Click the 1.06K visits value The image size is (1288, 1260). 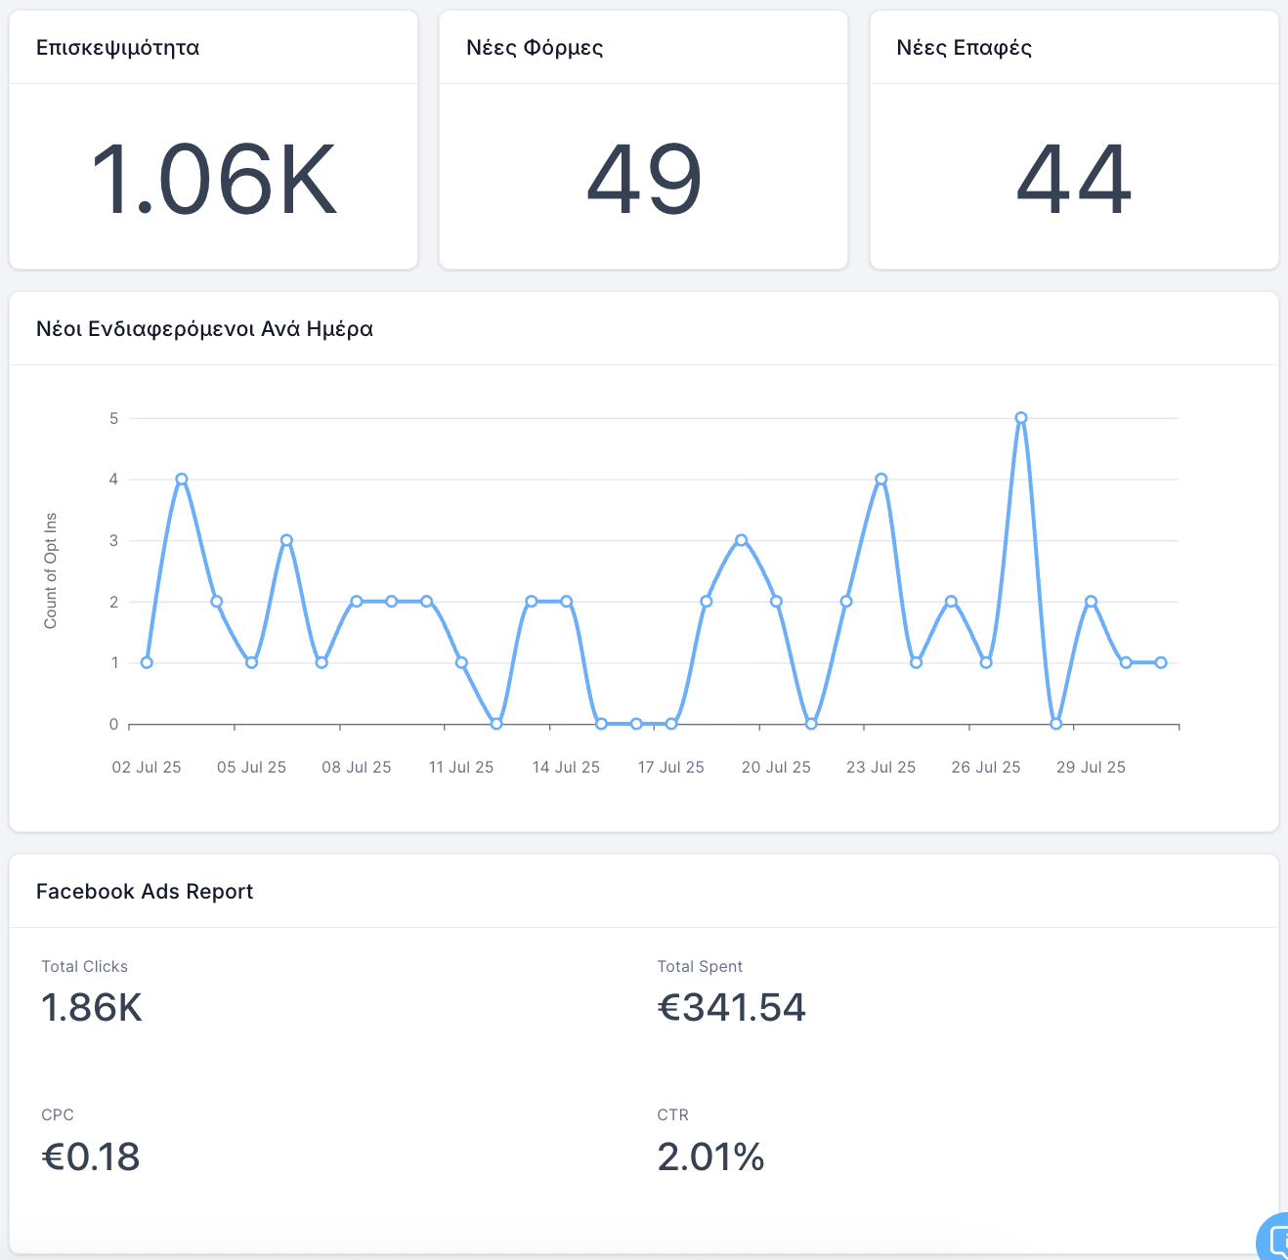tap(213, 180)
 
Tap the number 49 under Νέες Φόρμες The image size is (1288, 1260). tap(644, 180)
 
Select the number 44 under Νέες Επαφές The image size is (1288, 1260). tap(1074, 180)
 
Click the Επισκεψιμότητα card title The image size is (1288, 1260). tap(117, 48)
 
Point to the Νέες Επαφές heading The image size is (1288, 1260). tap(964, 48)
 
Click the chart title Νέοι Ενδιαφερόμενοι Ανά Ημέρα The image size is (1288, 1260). tap(204, 329)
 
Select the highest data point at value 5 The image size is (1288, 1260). tap(1021, 418)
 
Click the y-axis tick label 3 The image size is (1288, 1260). tap(114, 541)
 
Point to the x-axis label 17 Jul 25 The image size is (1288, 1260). tap(670, 768)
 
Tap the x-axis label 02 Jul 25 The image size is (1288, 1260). tap(147, 768)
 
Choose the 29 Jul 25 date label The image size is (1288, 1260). tap(1091, 768)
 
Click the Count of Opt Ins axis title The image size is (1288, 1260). tap(51, 570)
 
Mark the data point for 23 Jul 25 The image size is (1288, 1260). tap(881, 480)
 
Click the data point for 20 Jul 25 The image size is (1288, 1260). tap(776, 602)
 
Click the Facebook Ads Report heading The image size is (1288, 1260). tap(145, 892)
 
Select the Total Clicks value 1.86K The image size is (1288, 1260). tap(92, 1008)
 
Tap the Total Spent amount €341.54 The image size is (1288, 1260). tap(732, 1008)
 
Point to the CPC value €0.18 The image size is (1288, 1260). tap(91, 1157)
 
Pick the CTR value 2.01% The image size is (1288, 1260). tap(710, 1157)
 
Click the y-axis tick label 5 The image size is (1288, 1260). tap(114, 418)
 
